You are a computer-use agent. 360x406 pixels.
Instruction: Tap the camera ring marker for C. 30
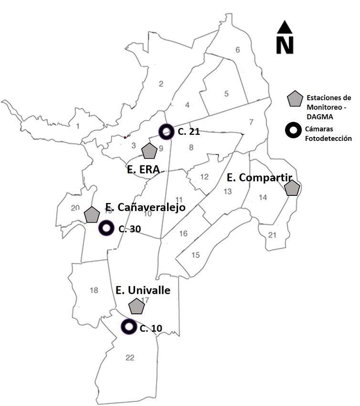(x=106, y=228)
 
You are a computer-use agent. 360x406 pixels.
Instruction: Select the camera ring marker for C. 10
(x=128, y=327)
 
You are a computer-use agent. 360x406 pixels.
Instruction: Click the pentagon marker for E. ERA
(x=150, y=151)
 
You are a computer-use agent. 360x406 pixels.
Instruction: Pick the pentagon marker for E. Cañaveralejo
(x=91, y=214)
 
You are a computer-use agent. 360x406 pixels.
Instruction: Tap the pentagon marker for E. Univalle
(x=137, y=306)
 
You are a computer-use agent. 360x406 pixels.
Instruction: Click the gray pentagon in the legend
(x=295, y=99)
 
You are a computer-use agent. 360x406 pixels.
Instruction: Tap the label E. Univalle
(x=143, y=290)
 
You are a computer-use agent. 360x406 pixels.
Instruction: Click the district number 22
(x=129, y=357)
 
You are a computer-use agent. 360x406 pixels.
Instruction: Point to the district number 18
(x=94, y=290)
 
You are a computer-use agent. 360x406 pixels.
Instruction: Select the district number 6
(x=237, y=50)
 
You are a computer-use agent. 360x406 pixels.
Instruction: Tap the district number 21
(x=272, y=235)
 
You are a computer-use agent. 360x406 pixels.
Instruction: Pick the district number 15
(x=195, y=255)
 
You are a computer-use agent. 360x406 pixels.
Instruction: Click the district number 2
(x=161, y=85)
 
